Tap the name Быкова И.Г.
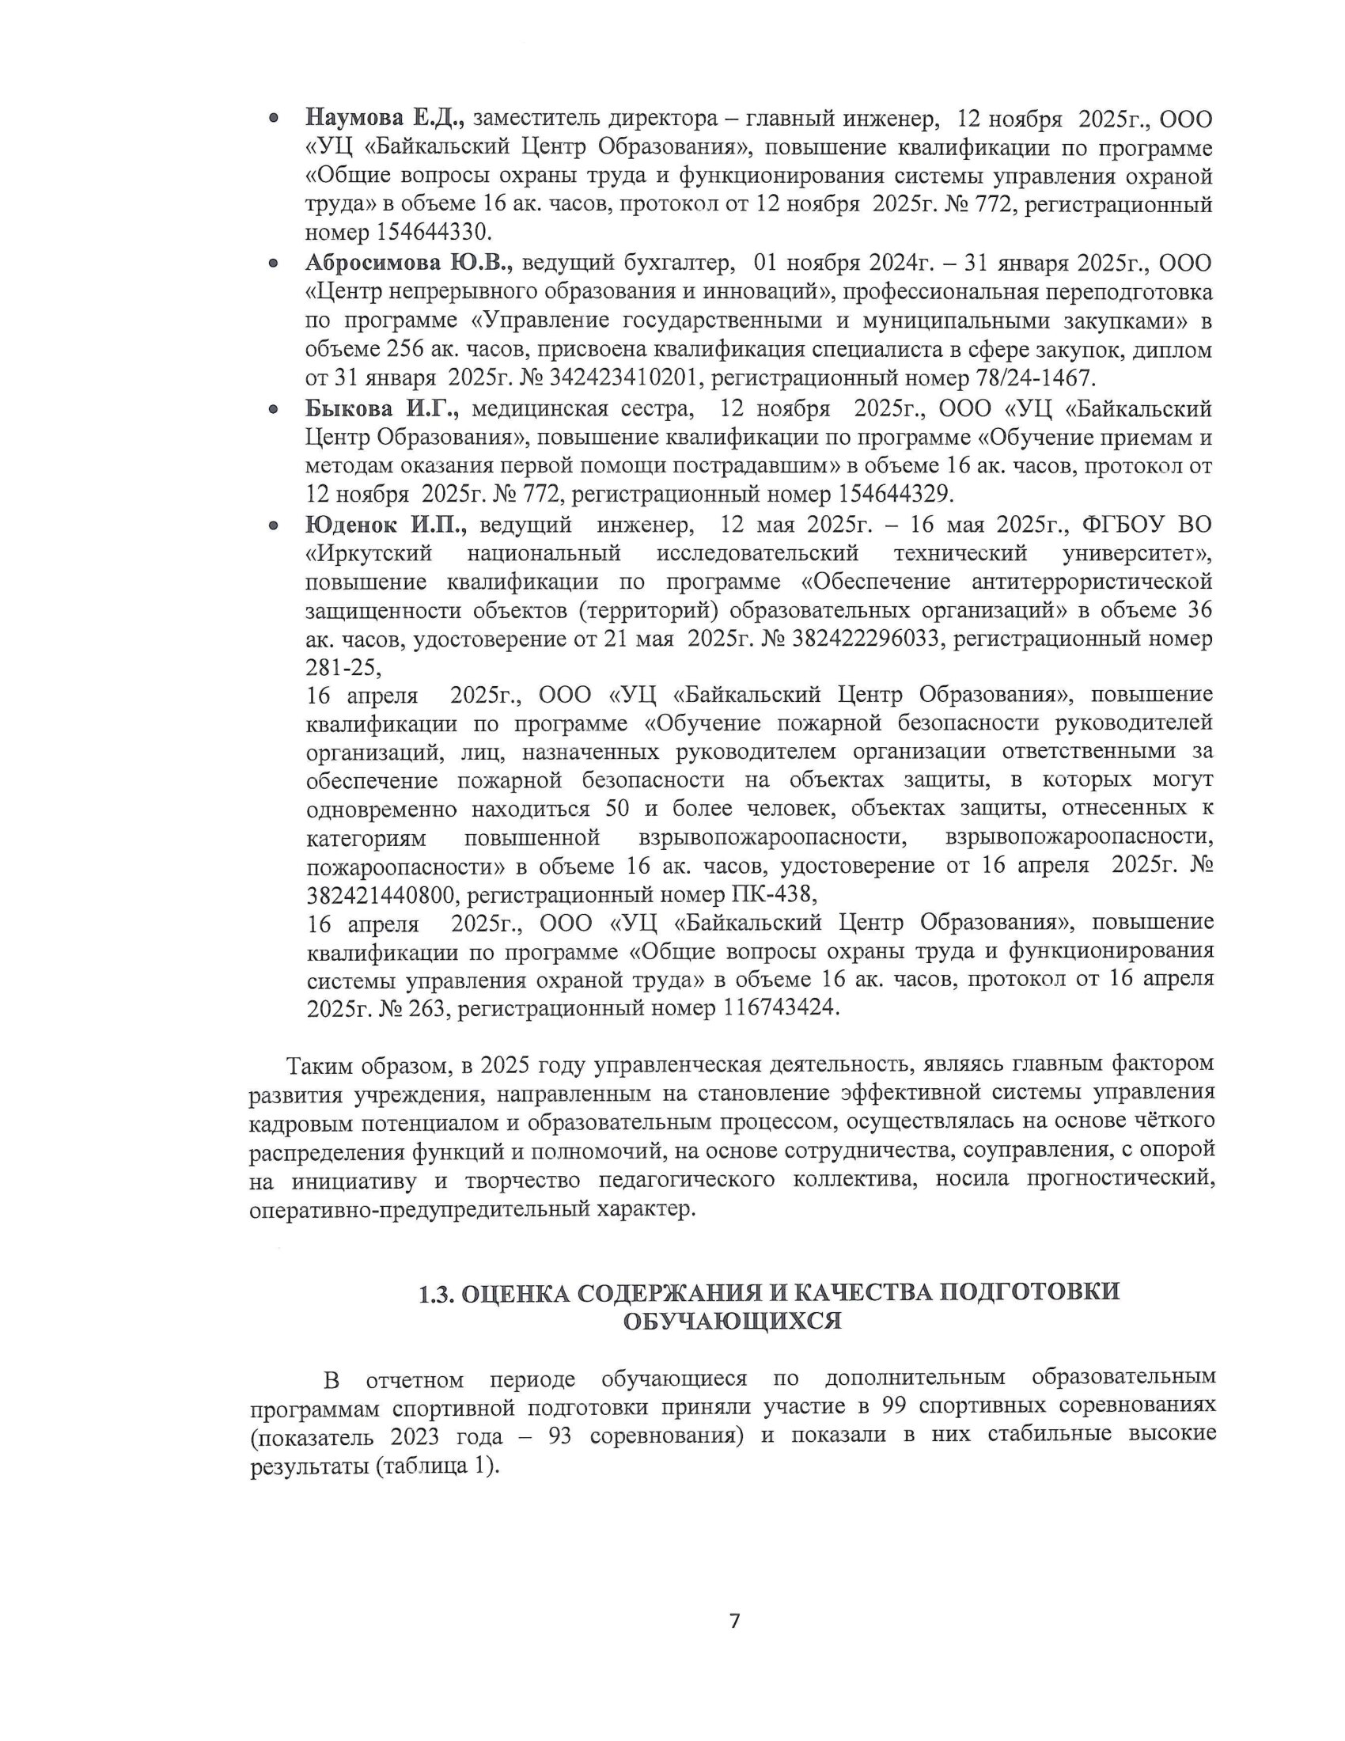coord(381,409)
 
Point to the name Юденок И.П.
coord(385,525)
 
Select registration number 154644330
coord(433,233)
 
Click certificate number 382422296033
coord(869,639)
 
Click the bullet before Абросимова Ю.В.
coord(273,264)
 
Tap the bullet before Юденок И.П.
coord(273,525)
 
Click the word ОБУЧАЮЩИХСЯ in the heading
coord(732,1322)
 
